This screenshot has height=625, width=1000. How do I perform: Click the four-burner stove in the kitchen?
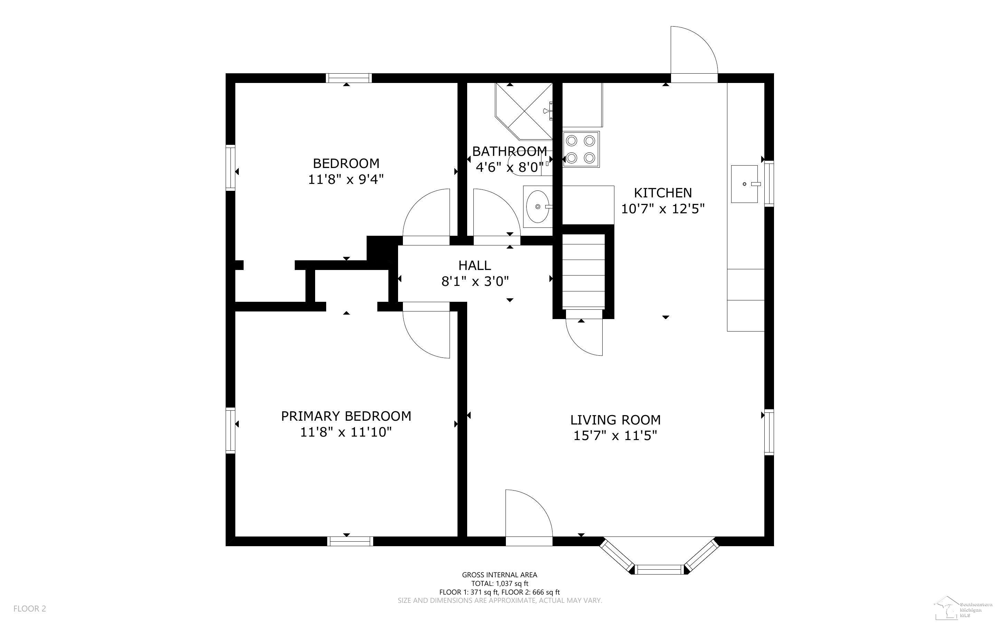tap(581, 149)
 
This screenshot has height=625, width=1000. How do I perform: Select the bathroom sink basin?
tap(538, 207)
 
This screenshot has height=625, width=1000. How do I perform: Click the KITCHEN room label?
tap(662, 193)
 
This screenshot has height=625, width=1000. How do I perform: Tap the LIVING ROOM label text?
tap(615, 420)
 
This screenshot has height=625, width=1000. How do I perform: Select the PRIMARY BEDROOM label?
tap(346, 416)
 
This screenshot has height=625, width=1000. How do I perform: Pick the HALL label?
tap(474, 265)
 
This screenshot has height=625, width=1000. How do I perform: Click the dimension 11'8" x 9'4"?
tap(346, 179)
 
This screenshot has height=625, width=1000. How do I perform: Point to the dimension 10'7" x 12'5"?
tap(662, 209)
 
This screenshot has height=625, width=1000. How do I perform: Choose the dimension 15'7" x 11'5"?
tap(615, 436)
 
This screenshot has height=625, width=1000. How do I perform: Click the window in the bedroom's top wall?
tap(349, 78)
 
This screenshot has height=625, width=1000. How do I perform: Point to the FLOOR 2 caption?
tap(30, 608)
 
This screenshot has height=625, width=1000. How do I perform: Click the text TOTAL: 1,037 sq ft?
tap(499, 584)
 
